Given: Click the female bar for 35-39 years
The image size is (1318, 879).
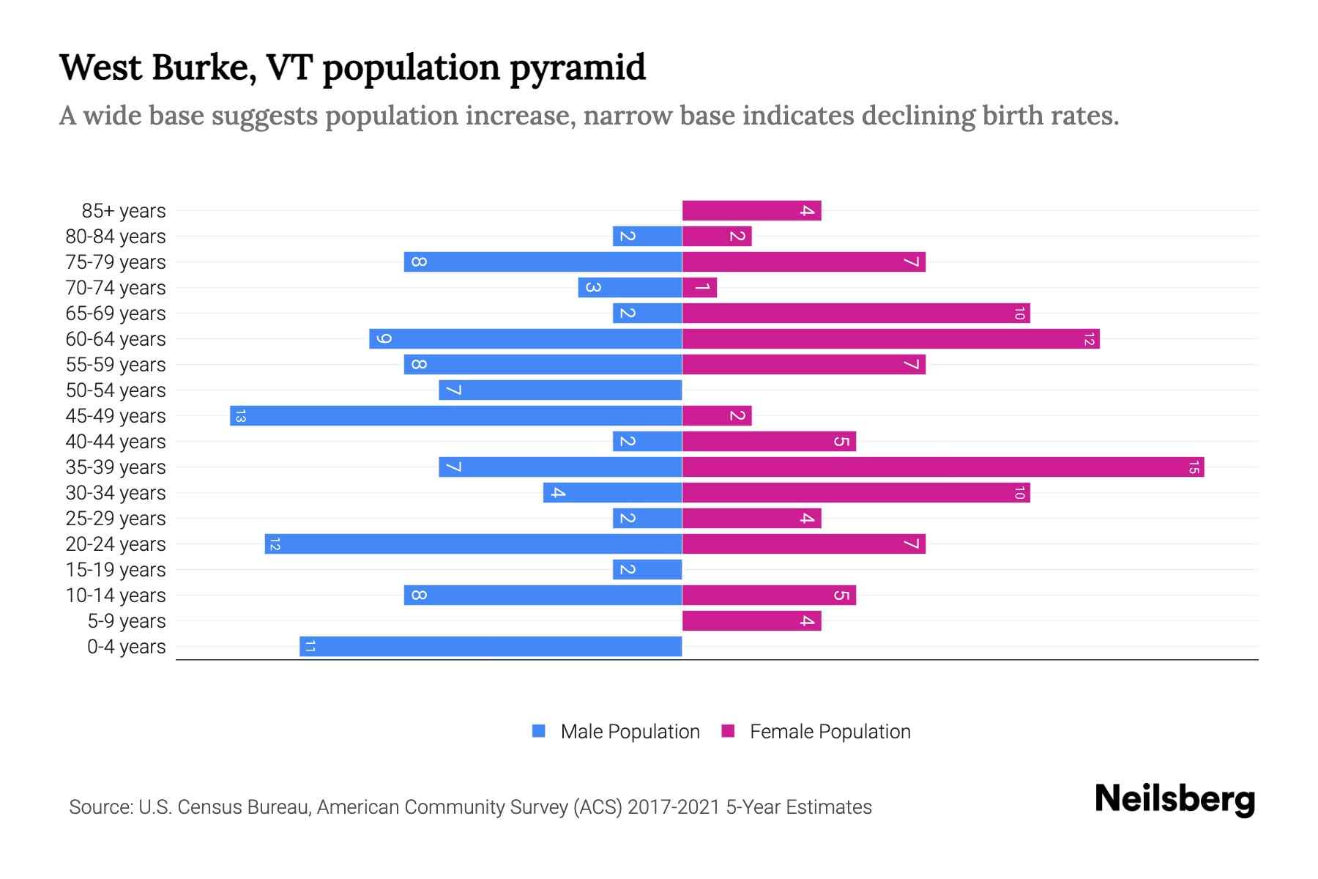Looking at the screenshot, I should click(x=943, y=467).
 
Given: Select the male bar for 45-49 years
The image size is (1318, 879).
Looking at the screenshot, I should click(x=455, y=416).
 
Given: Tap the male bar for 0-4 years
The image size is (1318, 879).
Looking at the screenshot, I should click(x=491, y=647).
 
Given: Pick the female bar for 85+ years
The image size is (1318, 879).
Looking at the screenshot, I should click(x=751, y=211).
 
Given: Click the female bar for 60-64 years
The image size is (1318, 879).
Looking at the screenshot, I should click(x=890, y=339).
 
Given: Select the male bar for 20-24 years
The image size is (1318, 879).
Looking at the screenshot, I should click(x=473, y=544).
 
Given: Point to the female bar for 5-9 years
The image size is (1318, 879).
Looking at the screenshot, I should click(x=751, y=621).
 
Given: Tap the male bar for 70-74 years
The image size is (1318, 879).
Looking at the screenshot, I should click(x=630, y=288).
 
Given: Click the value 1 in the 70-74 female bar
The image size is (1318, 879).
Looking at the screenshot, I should click(x=701, y=288).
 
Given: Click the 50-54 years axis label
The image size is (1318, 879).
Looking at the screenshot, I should click(x=116, y=390).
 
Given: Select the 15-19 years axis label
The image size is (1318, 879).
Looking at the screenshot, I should click(x=116, y=570).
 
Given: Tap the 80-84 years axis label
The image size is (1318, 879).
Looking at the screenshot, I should click(x=116, y=237).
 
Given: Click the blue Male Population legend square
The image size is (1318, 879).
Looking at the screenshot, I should click(x=539, y=731).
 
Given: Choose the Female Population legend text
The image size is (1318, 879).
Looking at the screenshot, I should click(x=830, y=732).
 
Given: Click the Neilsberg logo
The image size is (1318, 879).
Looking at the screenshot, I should click(x=1174, y=799).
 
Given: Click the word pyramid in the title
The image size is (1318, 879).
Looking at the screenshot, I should click(x=578, y=68).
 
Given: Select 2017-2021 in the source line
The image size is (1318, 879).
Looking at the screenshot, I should click(x=674, y=807).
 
